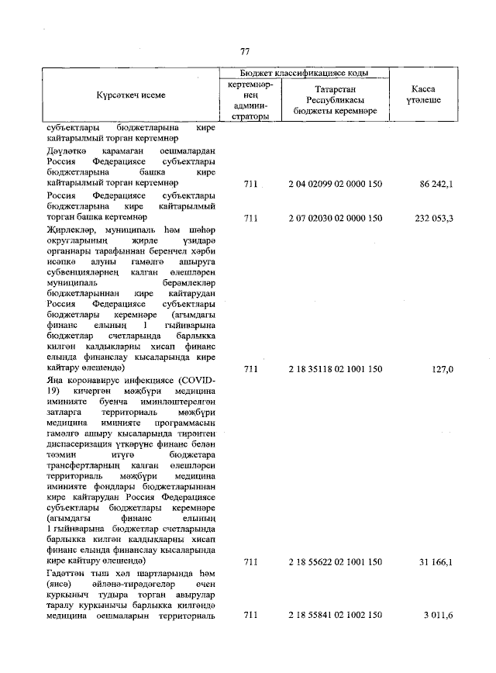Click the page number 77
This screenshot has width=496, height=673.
tap(245, 52)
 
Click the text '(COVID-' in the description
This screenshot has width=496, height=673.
tap(196, 381)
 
